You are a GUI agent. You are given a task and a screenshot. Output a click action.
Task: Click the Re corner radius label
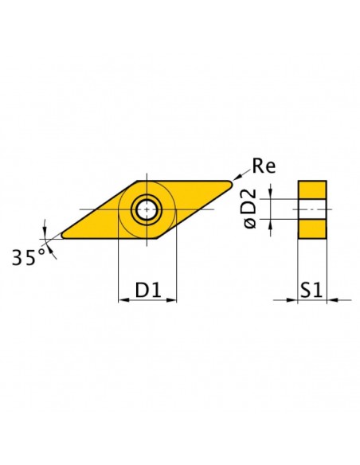264,166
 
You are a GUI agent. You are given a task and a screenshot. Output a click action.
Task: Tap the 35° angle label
29,257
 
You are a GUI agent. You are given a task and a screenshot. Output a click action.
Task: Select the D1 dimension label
148,290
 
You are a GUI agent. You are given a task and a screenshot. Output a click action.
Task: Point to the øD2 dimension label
248,209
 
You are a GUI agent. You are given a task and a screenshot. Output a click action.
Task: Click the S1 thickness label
311,290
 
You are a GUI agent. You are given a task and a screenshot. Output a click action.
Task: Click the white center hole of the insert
147,209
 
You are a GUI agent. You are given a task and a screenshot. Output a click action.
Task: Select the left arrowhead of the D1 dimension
123,300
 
